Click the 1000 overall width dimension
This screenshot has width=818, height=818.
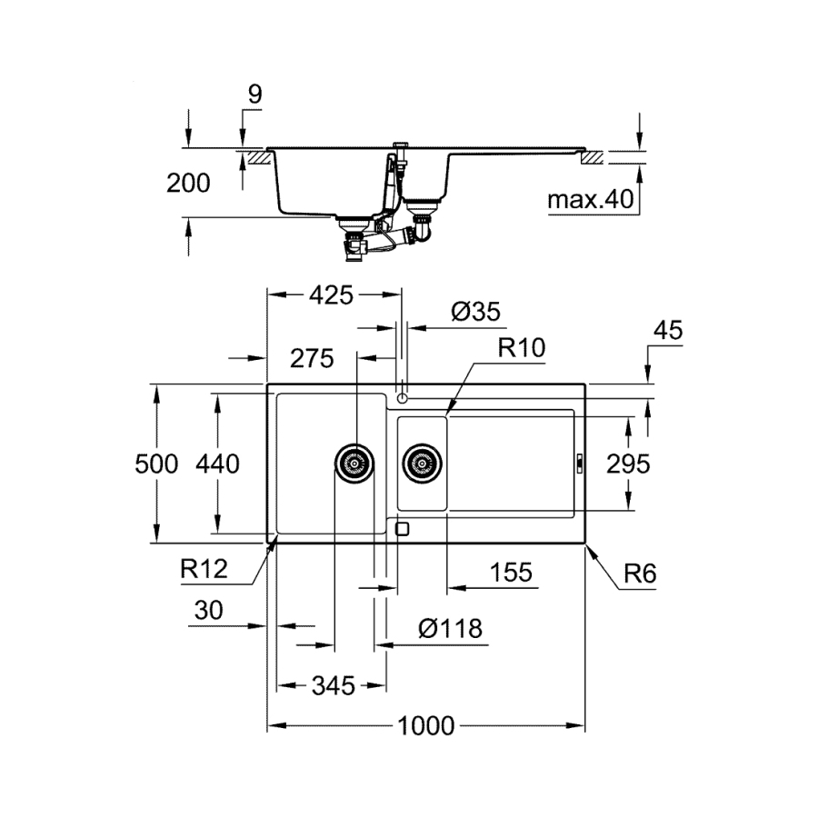click(425, 725)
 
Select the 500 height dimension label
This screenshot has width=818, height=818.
click(156, 464)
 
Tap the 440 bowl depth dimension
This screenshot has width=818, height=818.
click(217, 464)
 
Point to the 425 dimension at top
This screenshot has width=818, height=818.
click(331, 295)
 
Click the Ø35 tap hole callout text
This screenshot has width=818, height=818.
click(475, 312)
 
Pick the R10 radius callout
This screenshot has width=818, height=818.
click(521, 347)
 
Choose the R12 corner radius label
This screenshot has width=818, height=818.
click(204, 569)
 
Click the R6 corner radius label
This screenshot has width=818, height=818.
click(640, 574)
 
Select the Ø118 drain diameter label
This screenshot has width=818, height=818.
click(450, 629)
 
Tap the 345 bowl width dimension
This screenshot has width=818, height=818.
click(334, 685)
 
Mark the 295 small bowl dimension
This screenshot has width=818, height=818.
click(628, 464)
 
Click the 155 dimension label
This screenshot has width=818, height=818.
click(511, 573)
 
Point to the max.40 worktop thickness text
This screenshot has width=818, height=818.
click(591, 199)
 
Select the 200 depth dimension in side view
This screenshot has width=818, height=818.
click(188, 183)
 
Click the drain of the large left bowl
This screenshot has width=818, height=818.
click(354, 464)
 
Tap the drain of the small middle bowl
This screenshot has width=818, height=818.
click(422, 464)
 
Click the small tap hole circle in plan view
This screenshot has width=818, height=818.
click(402, 399)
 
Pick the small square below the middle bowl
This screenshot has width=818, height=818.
click(403, 530)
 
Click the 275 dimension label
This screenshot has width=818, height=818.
click(312, 358)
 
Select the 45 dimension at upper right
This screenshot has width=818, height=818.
click(668, 330)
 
